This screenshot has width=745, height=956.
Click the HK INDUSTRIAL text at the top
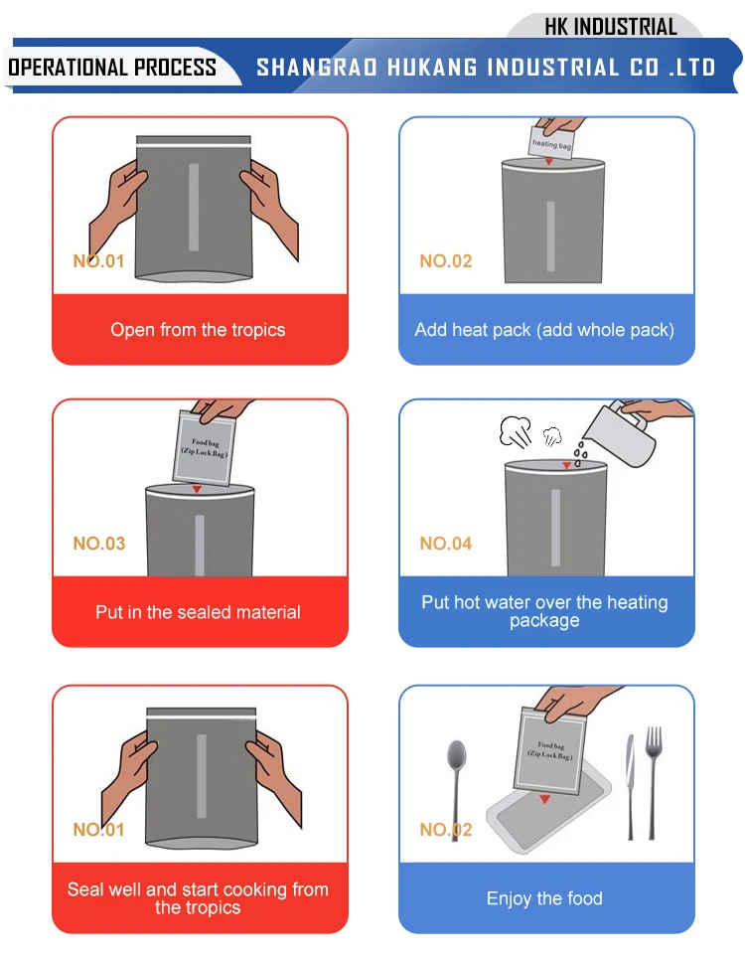coord(610,27)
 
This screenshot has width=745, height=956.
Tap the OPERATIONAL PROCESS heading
coord(112,68)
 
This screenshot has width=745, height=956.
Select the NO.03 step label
coord(99,544)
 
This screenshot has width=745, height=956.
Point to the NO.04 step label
coord(446,544)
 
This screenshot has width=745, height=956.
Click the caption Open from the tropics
coord(198,330)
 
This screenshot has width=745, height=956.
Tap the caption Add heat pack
coord(544,330)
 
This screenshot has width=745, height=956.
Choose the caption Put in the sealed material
coord(198,612)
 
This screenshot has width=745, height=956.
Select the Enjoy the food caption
coord(544,898)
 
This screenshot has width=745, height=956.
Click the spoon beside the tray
coord(456,785)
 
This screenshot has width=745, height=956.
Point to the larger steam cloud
coord(515,430)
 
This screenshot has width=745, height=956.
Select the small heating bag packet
coord(551,143)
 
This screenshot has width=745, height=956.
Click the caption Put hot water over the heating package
coord(544,611)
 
